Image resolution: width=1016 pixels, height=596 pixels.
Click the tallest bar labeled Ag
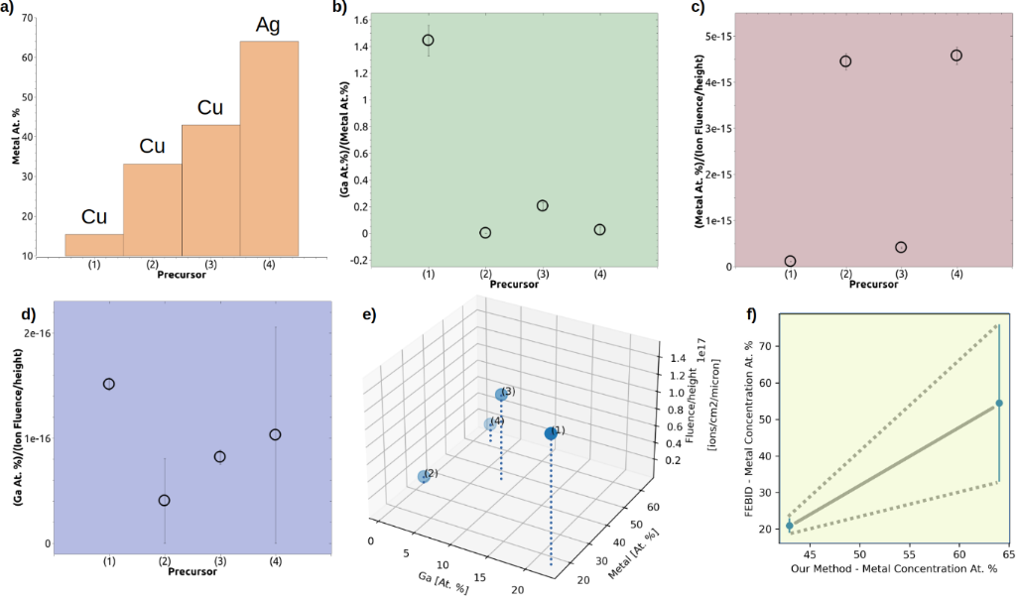point(269,149)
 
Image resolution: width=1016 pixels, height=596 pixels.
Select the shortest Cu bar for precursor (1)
point(94,245)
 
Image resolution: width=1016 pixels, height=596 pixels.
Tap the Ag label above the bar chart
point(268,24)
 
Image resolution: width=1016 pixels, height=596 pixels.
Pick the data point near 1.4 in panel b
point(428,41)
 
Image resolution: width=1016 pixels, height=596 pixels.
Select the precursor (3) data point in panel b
point(543,205)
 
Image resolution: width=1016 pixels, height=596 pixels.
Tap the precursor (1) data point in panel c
point(790,261)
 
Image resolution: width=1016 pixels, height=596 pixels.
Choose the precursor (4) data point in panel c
point(956,56)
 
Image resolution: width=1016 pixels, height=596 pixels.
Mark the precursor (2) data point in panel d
point(164,500)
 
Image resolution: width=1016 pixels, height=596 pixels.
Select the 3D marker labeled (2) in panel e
point(424,477)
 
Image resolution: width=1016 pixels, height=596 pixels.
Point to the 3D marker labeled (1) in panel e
point(551,433)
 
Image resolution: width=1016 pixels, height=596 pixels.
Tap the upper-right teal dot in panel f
point(999,403)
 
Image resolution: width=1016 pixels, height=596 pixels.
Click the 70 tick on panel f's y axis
point(766,345)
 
